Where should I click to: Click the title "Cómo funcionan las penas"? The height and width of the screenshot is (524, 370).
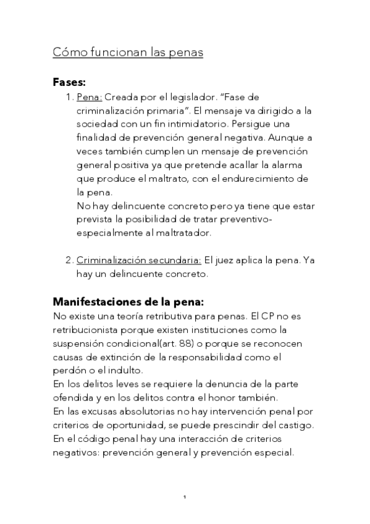(x=128, y=53)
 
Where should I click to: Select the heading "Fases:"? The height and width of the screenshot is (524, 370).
(x=69, y=82)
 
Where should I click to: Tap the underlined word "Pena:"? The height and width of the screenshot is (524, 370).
(x=90, y=98)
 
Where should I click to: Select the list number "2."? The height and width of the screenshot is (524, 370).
(x=69, y=260)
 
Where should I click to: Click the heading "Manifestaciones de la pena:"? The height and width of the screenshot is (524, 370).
(x=128, y=302)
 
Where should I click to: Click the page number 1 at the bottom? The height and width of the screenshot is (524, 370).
(x=185, y=497)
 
